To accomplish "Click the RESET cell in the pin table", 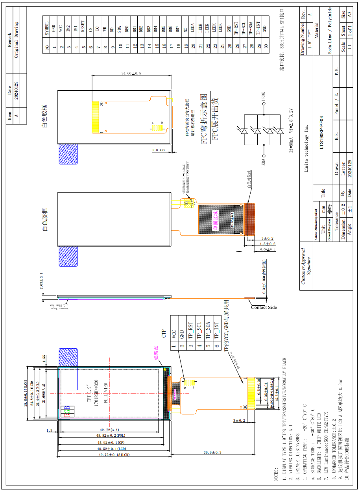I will click(83, 26).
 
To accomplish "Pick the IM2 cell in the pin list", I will click(68, 28).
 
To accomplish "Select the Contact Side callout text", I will click(264, 307).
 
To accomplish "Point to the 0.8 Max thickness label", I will click(159, 150).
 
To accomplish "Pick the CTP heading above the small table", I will click(164, 334).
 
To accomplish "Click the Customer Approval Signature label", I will click(306, 266).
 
